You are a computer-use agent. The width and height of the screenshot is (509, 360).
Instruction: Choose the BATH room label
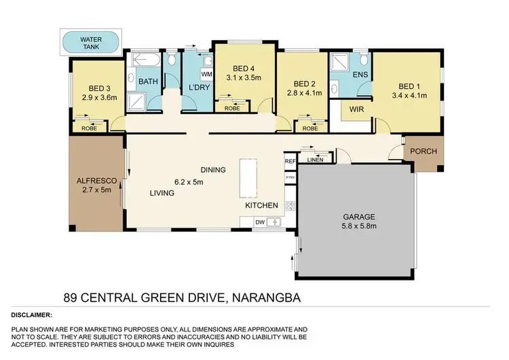[x=148, y=82]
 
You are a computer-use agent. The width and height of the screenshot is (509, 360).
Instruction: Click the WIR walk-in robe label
[x=358, y=109]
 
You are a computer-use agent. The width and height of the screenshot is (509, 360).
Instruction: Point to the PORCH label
[x=424, y=151]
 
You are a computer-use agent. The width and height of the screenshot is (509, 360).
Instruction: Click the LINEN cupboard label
[x=316, y=160]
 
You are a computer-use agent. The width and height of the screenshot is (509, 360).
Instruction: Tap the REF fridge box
[x=290, y=161]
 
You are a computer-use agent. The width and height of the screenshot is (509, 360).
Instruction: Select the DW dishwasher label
[x=259, y=221]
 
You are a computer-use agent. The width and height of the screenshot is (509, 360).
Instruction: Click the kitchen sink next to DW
[x=274, y=221]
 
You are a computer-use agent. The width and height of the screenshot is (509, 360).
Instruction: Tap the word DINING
[x=212, y=170]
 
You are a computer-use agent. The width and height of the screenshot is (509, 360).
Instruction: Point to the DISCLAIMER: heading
[x=32, y=315]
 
